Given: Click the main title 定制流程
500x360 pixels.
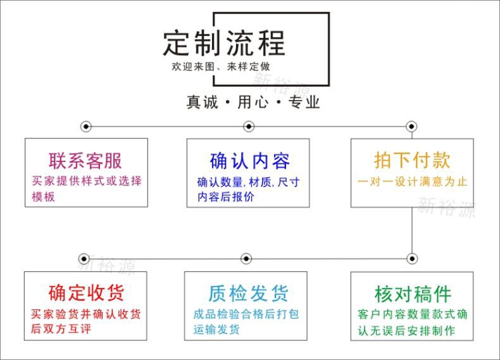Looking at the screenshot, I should [x=224, y=42].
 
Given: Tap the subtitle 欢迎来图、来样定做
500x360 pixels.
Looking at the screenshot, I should [x=224, y=66].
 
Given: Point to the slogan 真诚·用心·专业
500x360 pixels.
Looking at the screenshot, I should [x=253, y=102].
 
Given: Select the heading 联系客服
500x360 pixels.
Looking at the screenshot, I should [x=85, y=160].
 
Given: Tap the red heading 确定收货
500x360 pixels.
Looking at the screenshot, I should [x=86, y=293].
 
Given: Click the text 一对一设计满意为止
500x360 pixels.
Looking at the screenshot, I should [x=412, y=182].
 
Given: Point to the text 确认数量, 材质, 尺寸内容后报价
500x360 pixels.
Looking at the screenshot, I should [x=248, y=189].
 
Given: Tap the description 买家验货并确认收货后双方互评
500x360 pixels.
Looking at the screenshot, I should [x=86, y=321].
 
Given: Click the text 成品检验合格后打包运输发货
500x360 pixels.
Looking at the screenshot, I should [x=246, y=321].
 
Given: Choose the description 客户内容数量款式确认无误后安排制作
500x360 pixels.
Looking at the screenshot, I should [x=412, y=322].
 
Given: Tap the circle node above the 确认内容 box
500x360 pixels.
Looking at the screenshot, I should [x=249, y=127].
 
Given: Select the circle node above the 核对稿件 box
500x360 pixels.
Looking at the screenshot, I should [x=412, y=258].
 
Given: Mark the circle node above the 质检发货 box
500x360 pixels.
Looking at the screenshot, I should [x=246, y=258].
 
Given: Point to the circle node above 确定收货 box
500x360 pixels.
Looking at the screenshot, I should [x=84, y=258].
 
